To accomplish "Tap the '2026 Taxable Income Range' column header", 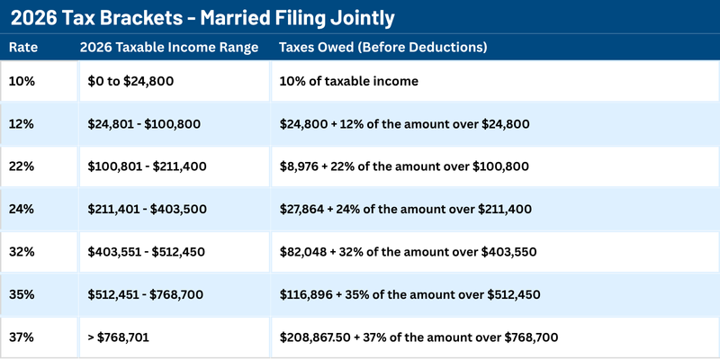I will coord(169,47).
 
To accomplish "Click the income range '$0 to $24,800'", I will coord(130,81).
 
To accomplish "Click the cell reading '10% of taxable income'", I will coord(349,81).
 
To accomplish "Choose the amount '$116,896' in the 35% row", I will coord(309,293).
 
